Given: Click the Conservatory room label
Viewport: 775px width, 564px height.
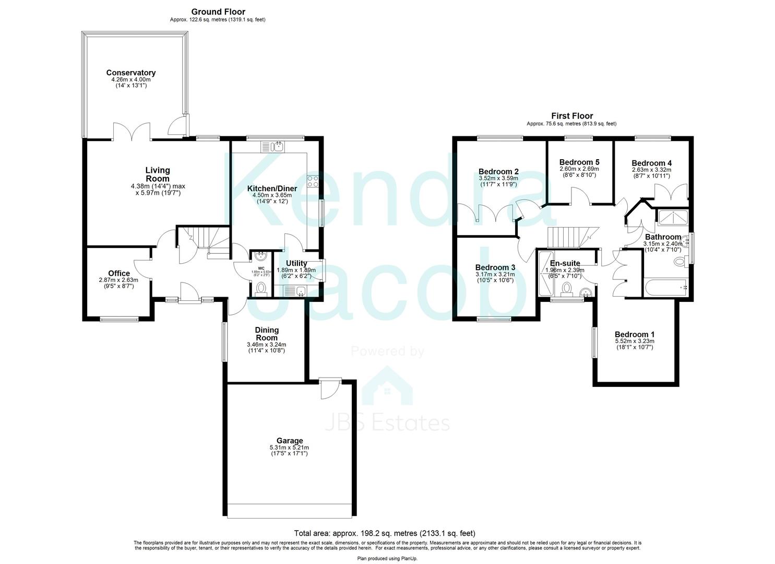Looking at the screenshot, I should (x=130, y=73).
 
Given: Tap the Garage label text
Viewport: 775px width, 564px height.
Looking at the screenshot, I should (x=290, y=441).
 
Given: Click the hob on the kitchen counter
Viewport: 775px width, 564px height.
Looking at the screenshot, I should (x=314, y=181).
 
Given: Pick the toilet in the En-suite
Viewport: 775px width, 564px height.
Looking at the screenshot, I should (x=566, y=288).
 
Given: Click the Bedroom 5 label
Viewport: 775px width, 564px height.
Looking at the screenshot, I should (x=579, y=162).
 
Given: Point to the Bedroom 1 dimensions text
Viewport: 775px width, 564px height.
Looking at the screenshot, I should (x=634, y=345).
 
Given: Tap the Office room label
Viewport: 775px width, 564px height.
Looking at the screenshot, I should (x=119, y=273).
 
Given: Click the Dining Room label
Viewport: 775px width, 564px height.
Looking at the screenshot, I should (x=267, y=334).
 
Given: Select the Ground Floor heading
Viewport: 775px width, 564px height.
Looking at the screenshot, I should (x=218, y=11).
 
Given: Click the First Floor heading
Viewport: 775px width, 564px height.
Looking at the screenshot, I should (x=572, y=116).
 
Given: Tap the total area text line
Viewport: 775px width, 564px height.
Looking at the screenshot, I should (x=385, y=533).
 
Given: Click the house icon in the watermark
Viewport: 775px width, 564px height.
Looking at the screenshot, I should (x=387, y=386).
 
